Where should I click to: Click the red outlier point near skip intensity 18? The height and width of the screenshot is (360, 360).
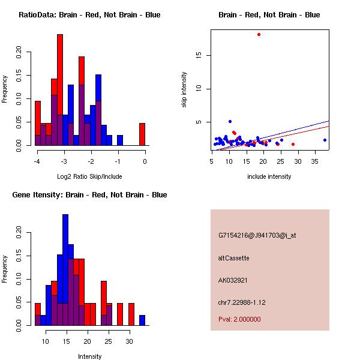pyautogui.click(x=259, y=35)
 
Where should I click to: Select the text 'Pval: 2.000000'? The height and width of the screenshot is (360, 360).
pyautogui.click(x=239, y=319)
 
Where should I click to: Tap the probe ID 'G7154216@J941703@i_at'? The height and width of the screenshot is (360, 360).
pyautogui.click(x=257, y=235)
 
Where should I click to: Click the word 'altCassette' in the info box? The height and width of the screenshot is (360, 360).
pyautogui.click(x=233, y=258)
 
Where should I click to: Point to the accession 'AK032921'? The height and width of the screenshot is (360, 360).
pyautogui.click(x=233, y=280)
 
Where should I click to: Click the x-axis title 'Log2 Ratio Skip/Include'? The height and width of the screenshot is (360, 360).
pyautogui.click(x=89, y=176)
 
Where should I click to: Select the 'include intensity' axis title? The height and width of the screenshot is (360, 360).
pyautogui.click(x=269, y=176)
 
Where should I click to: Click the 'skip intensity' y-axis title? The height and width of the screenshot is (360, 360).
pyautogui.click(x=185, y=90)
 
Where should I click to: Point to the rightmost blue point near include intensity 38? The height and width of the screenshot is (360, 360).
pyautogui.click(x=325, y=140)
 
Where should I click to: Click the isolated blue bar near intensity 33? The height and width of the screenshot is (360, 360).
pyautogui.click(x=142, y=320)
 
